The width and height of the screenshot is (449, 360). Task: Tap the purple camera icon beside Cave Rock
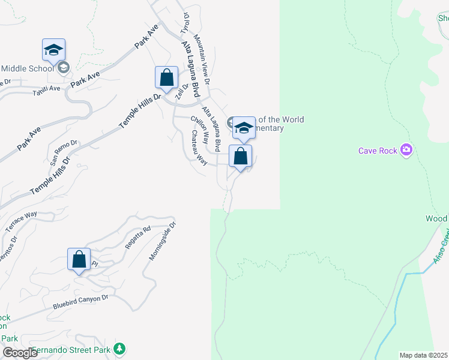406,149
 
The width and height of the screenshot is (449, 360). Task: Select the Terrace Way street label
22,221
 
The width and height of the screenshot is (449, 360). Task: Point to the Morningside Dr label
163,241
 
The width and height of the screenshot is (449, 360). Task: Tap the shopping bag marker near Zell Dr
166,79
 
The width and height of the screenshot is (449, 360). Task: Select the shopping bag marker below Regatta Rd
79,260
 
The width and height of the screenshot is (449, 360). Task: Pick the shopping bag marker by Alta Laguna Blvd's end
240,157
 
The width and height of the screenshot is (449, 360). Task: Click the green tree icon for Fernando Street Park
119,349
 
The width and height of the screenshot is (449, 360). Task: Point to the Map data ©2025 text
424,355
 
